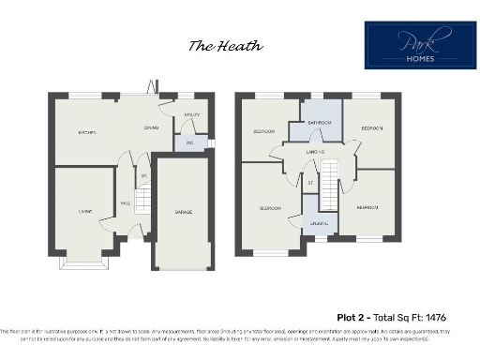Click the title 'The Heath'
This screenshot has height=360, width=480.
(225, 45)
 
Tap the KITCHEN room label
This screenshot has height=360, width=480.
(87, 133)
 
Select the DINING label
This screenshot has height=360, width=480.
(150, 128)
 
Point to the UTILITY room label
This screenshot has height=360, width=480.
(191, 116)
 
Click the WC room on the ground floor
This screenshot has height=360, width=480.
(189, 142)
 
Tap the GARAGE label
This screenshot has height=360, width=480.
(184, 213)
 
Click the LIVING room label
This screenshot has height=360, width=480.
(84, 213)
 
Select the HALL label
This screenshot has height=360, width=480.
(125, 202)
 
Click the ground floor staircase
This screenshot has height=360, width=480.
(142, 201)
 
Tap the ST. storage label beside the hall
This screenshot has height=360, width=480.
(143, 175)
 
